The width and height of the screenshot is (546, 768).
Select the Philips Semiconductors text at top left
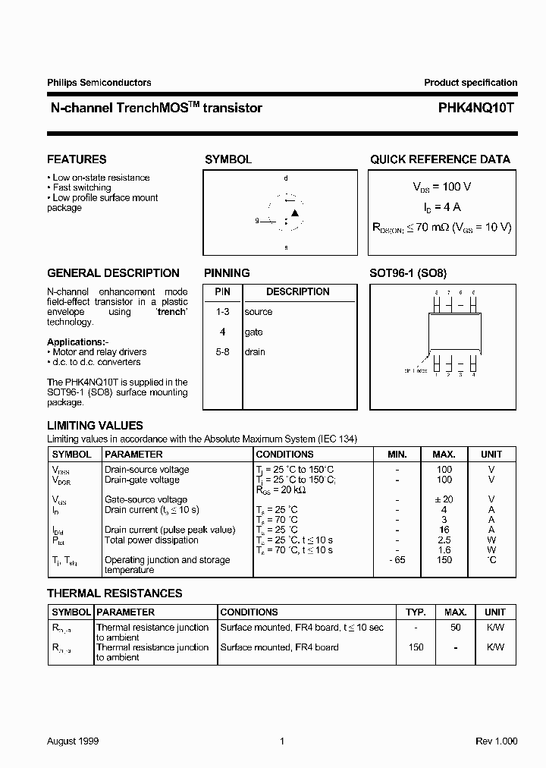click(x=99, y=83)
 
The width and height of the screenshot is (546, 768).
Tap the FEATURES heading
click(x=77, y=159)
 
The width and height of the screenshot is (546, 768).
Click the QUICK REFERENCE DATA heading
click(x=440, y=159)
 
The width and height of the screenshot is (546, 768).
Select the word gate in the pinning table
click(x=253, y=332)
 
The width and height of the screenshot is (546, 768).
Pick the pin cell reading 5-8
click(x=222, y=352)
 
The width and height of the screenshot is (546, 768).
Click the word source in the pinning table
click(x=258, y=312)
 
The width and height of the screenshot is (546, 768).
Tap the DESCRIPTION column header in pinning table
click(x=297, y=292)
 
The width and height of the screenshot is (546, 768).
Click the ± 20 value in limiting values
click(x=444, y=499)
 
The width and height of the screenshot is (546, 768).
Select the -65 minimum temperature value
click(x=397, y=560)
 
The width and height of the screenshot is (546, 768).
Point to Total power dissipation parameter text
click(x=151, y=540)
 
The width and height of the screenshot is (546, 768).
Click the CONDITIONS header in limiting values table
click(x=284, y=455)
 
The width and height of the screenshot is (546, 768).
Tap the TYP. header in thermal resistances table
click(x=415, y=612)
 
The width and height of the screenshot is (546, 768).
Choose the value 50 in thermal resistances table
click(x=456, y=628)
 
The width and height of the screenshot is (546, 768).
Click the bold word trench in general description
click(x=171, y=312)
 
